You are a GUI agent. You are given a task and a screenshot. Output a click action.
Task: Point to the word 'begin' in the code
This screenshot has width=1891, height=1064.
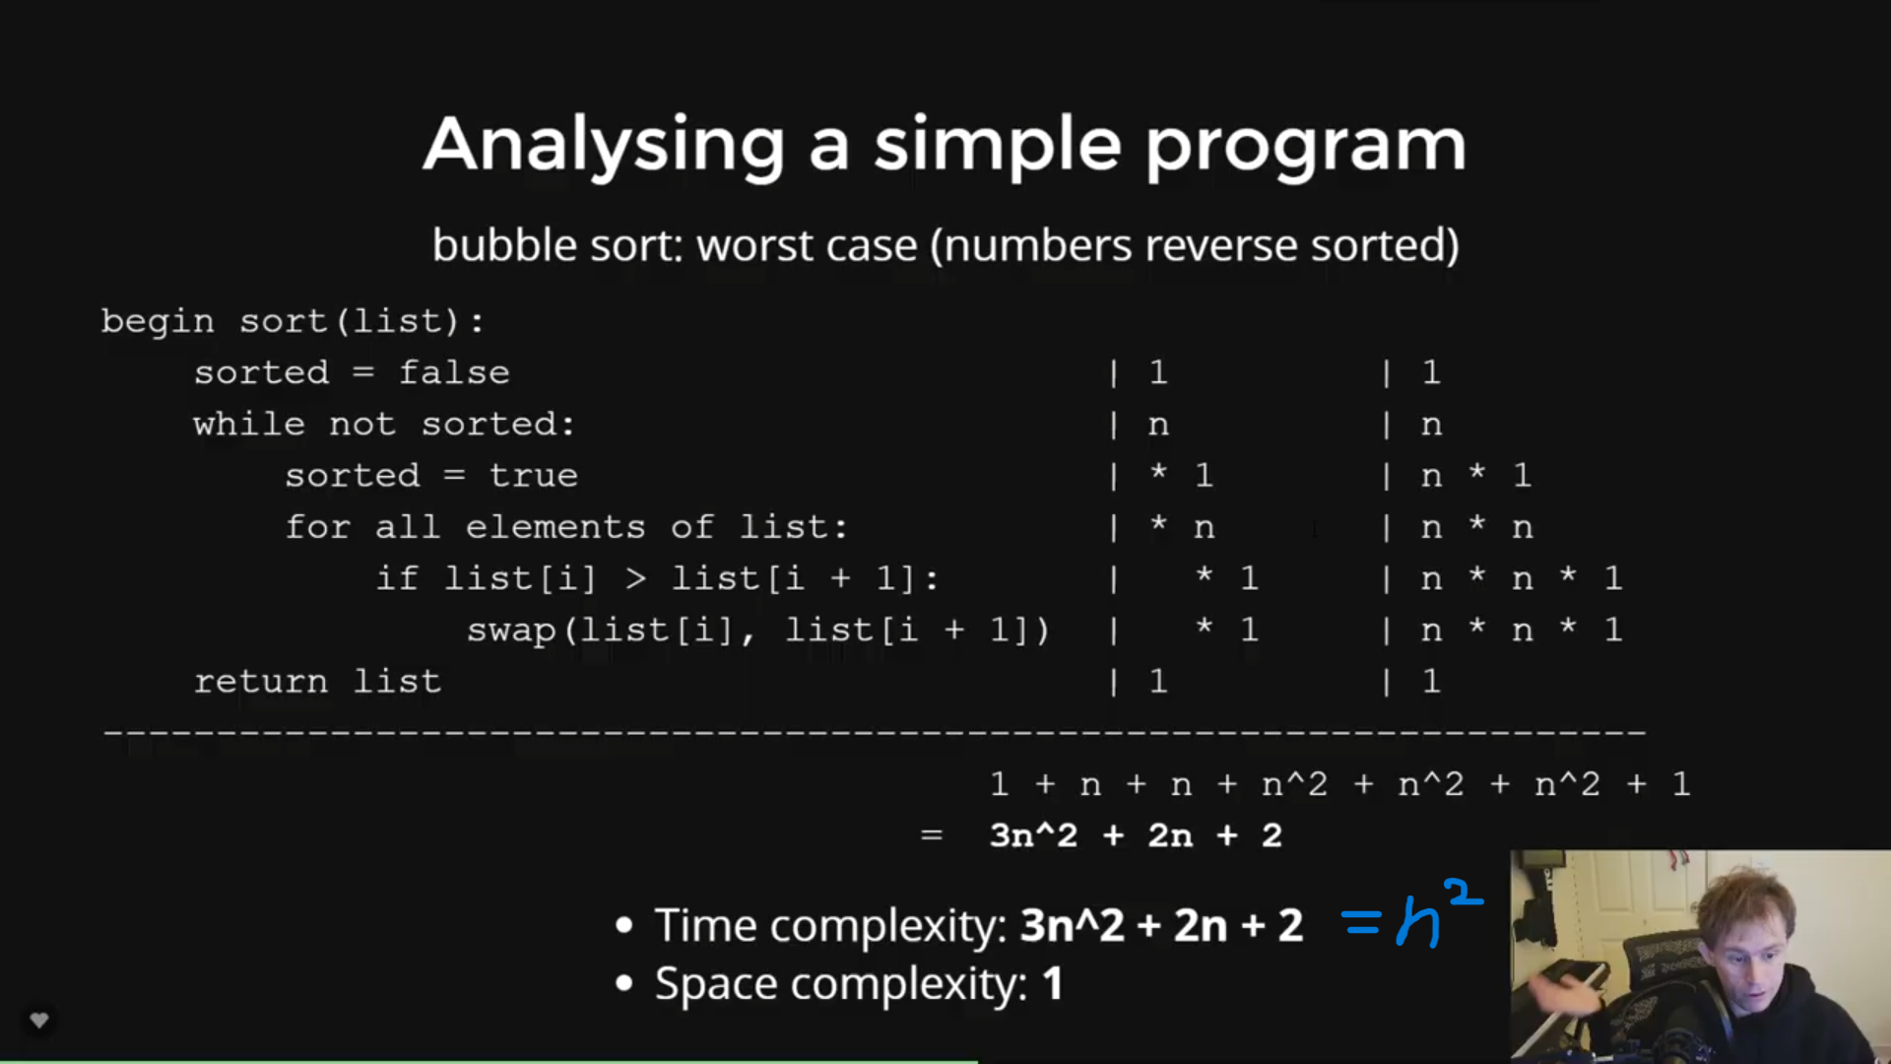pyautogui.click(x=158, y=322)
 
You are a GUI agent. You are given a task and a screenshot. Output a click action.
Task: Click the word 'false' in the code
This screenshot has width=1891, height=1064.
pyautogui.click(x=454, y=372)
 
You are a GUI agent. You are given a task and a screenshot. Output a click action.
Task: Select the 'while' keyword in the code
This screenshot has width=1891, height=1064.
pyautogui.click(x=249, y=424)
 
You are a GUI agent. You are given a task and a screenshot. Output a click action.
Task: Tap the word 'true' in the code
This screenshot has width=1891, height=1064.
pyautogui.click(x=534, y=476)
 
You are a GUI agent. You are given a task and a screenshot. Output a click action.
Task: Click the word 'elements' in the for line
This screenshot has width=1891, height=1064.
pyautogui.click(x=555, y=527)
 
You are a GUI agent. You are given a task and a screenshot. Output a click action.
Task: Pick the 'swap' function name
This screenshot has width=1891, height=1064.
pyautogui.click(x=511, y=631)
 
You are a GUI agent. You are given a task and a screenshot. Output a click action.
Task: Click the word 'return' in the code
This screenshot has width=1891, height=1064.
pyautogui.click(x=261, y=682)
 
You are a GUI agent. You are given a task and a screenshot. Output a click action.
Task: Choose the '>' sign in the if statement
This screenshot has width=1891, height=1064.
pyautogui.click(x=635, y=578)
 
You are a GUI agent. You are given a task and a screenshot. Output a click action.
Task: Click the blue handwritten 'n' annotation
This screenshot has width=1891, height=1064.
pyautogui.click(x=1418, y=924)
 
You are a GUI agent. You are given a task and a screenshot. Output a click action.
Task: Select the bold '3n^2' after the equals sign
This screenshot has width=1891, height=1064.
pyautogui.click(x=1033, y=835)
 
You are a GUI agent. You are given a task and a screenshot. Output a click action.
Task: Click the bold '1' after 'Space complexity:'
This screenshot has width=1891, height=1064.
pyautogui.click(x=1053, y=984)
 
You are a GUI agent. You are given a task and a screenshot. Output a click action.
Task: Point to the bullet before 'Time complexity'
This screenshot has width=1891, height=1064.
pyautogui.click(x=623, y=926)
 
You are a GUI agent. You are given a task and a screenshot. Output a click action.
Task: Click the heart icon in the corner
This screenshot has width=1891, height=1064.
pyautogui.click(x=39, y=1021)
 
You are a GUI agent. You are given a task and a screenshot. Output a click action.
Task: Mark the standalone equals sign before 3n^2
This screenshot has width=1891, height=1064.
pyautogui.click(x=932, y=835)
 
